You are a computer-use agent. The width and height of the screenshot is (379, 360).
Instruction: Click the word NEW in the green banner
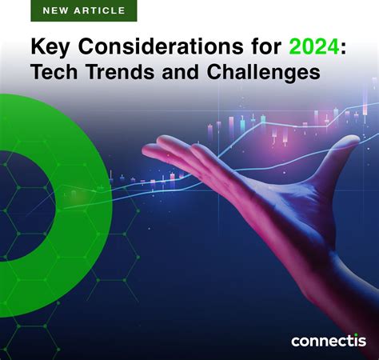(x=56, y=11)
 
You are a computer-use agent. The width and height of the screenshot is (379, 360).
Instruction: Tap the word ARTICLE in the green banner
(x=99, y=11)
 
